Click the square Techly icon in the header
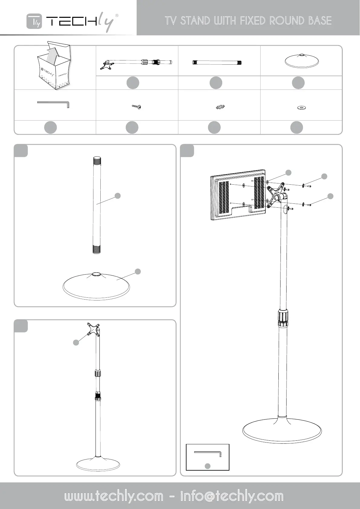(34, 21)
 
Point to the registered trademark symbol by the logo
(117, 15)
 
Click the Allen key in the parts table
(53, 104)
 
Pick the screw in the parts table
(137, 107)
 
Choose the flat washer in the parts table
(301, 107)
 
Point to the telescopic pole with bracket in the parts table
(136, 62)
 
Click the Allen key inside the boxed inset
(208, 454)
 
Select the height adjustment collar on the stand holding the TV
(283, 318)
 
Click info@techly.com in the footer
(232, 496)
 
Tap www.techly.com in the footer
(114, 496)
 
